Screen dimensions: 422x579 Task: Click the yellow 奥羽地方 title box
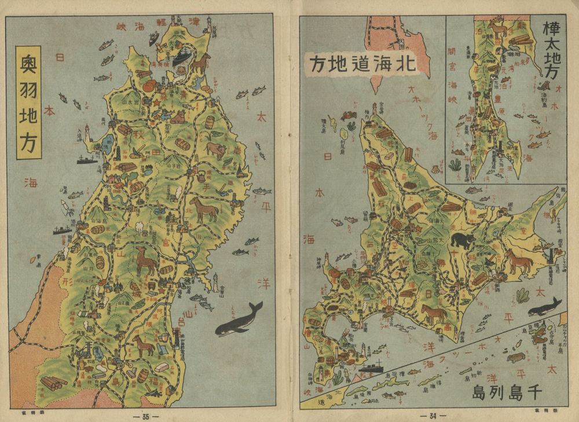[28, 102]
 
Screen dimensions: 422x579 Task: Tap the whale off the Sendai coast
[239, 320]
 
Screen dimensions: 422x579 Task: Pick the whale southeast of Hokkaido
[544, 307]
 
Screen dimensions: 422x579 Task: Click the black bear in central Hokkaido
[463, 240]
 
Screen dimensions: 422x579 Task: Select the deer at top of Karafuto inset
[497, 28]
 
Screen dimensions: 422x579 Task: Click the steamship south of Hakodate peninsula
[371, 366]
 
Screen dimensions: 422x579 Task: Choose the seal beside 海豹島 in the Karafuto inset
[544, 86]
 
